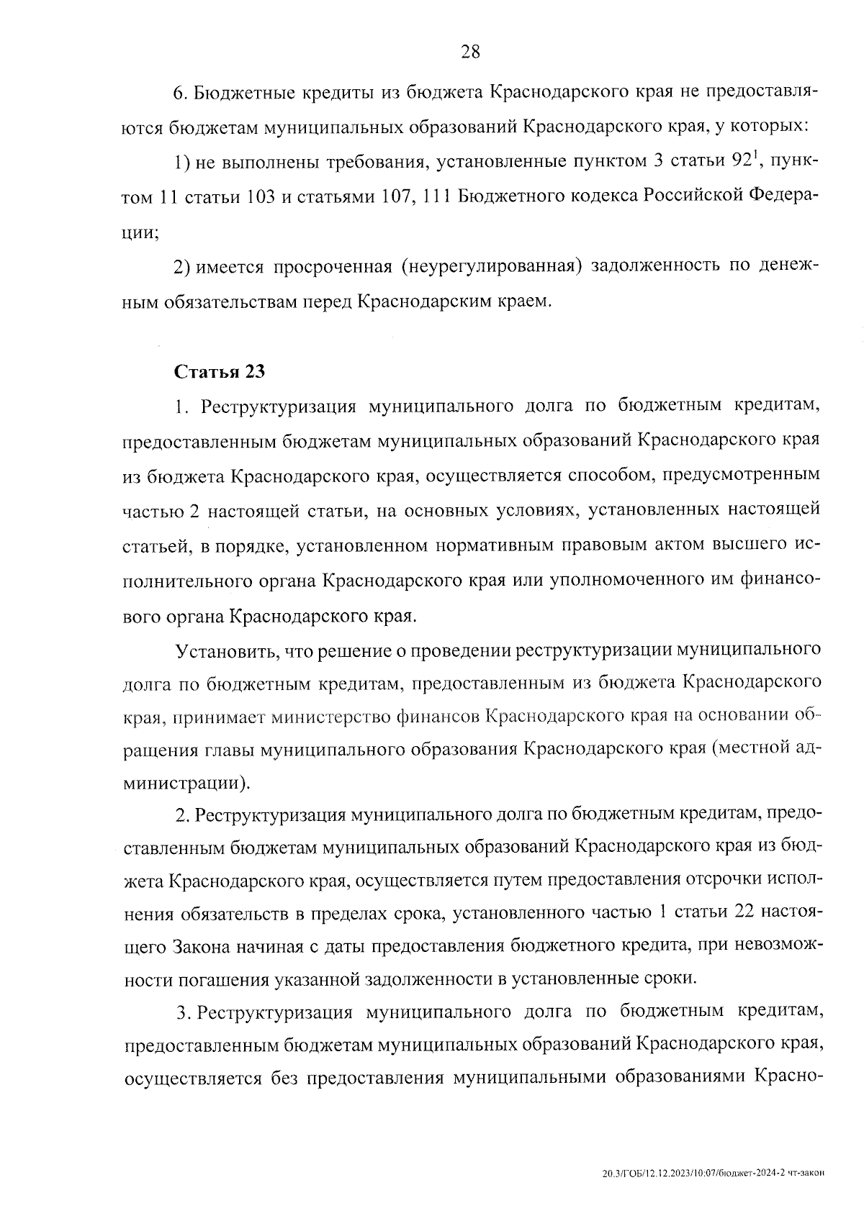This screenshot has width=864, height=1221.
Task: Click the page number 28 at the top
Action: [469, 51]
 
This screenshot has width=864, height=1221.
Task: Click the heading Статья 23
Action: [220, 372]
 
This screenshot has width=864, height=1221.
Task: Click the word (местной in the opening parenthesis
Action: [749, 749]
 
